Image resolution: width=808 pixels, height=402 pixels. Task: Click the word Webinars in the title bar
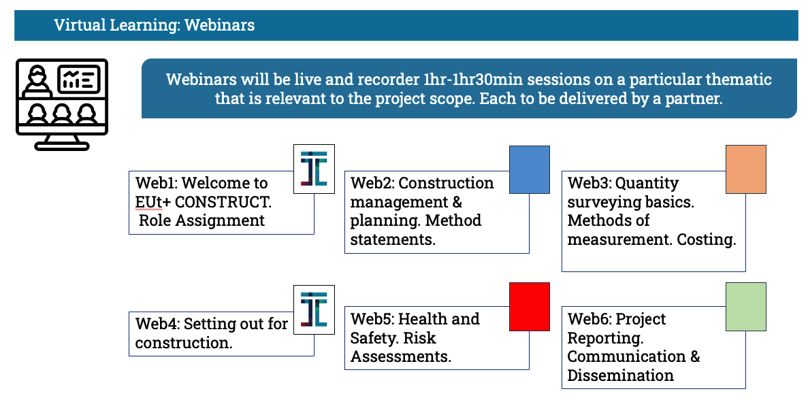219,25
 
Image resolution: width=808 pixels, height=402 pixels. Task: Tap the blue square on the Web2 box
530,170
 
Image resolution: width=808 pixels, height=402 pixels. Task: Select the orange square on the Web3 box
745,170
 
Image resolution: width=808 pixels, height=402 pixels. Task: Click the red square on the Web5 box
530,306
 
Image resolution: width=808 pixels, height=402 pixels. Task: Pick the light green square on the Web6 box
745,306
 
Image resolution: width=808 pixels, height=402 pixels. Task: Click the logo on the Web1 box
314,169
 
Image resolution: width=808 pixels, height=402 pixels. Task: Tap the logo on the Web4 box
314,310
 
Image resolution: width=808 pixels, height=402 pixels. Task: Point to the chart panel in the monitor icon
78,80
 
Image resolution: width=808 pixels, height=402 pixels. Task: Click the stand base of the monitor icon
62,146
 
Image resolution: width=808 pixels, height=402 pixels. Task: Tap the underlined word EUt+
152,202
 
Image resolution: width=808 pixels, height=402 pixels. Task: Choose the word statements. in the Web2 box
393,239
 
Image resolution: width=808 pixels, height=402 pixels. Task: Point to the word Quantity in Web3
647,183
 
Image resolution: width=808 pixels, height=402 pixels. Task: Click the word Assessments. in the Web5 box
401,356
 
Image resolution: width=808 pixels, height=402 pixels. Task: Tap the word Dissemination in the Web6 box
620,375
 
